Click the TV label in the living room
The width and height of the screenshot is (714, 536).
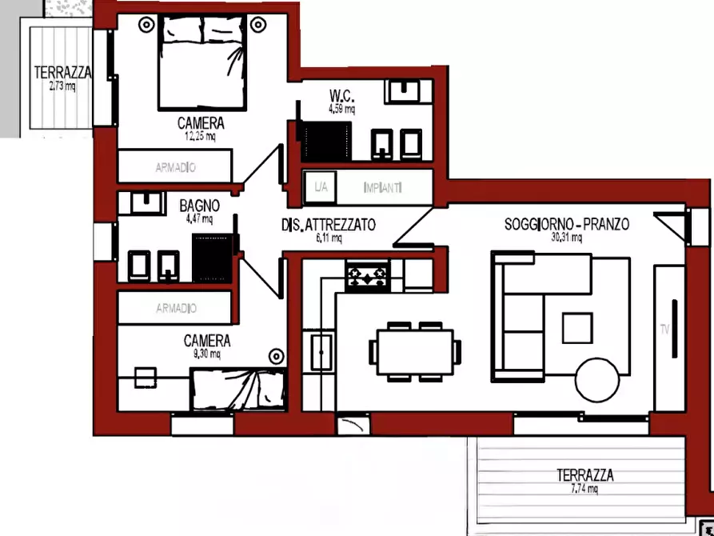pyautogui.click(x=664, y=329)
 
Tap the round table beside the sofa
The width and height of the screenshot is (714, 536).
pyautogui.click(x=597, y=380)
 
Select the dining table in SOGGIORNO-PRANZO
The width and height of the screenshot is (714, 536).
pyautogui.click(x=415, y=352)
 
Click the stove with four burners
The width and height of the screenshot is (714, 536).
pyautogui.click(x=367, y=275)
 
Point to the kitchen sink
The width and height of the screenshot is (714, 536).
pyautogui.click(x=321, y=352)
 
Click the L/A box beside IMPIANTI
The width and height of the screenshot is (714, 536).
pyautogui.click(x=321, y=187)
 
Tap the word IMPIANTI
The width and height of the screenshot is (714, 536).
pyautogui.click(x=382, y=187)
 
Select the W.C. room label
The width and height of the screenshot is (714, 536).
pyautogui.click(x=341, y=96)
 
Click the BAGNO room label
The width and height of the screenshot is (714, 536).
pyautogui.click(x=199, y=206)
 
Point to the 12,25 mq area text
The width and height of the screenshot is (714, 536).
pyautogui.click(x=201, y=136)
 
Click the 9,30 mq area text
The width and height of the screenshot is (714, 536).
pyautogui.click(x=207, y=354)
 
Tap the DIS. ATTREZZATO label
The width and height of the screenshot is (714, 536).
pyautogui.click(x=329, y=225)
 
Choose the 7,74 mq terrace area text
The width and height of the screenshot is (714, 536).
pyautogui.click(x=584, y=489)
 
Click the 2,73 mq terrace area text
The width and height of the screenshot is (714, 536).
pyautogui.click(x=62, y=86)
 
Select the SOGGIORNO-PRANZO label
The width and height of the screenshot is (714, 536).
pyautogui.click(x=567, y=224)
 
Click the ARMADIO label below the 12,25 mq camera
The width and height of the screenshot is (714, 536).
pyautogui.click(x=176, y=168)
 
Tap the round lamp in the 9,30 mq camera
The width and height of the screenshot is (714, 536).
pyautogui.click(x=277, y=357)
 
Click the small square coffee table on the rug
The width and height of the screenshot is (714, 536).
pyautogui.click(x=577, y=328)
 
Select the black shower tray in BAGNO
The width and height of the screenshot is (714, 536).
pyautogui.click(x=212, y=258)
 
